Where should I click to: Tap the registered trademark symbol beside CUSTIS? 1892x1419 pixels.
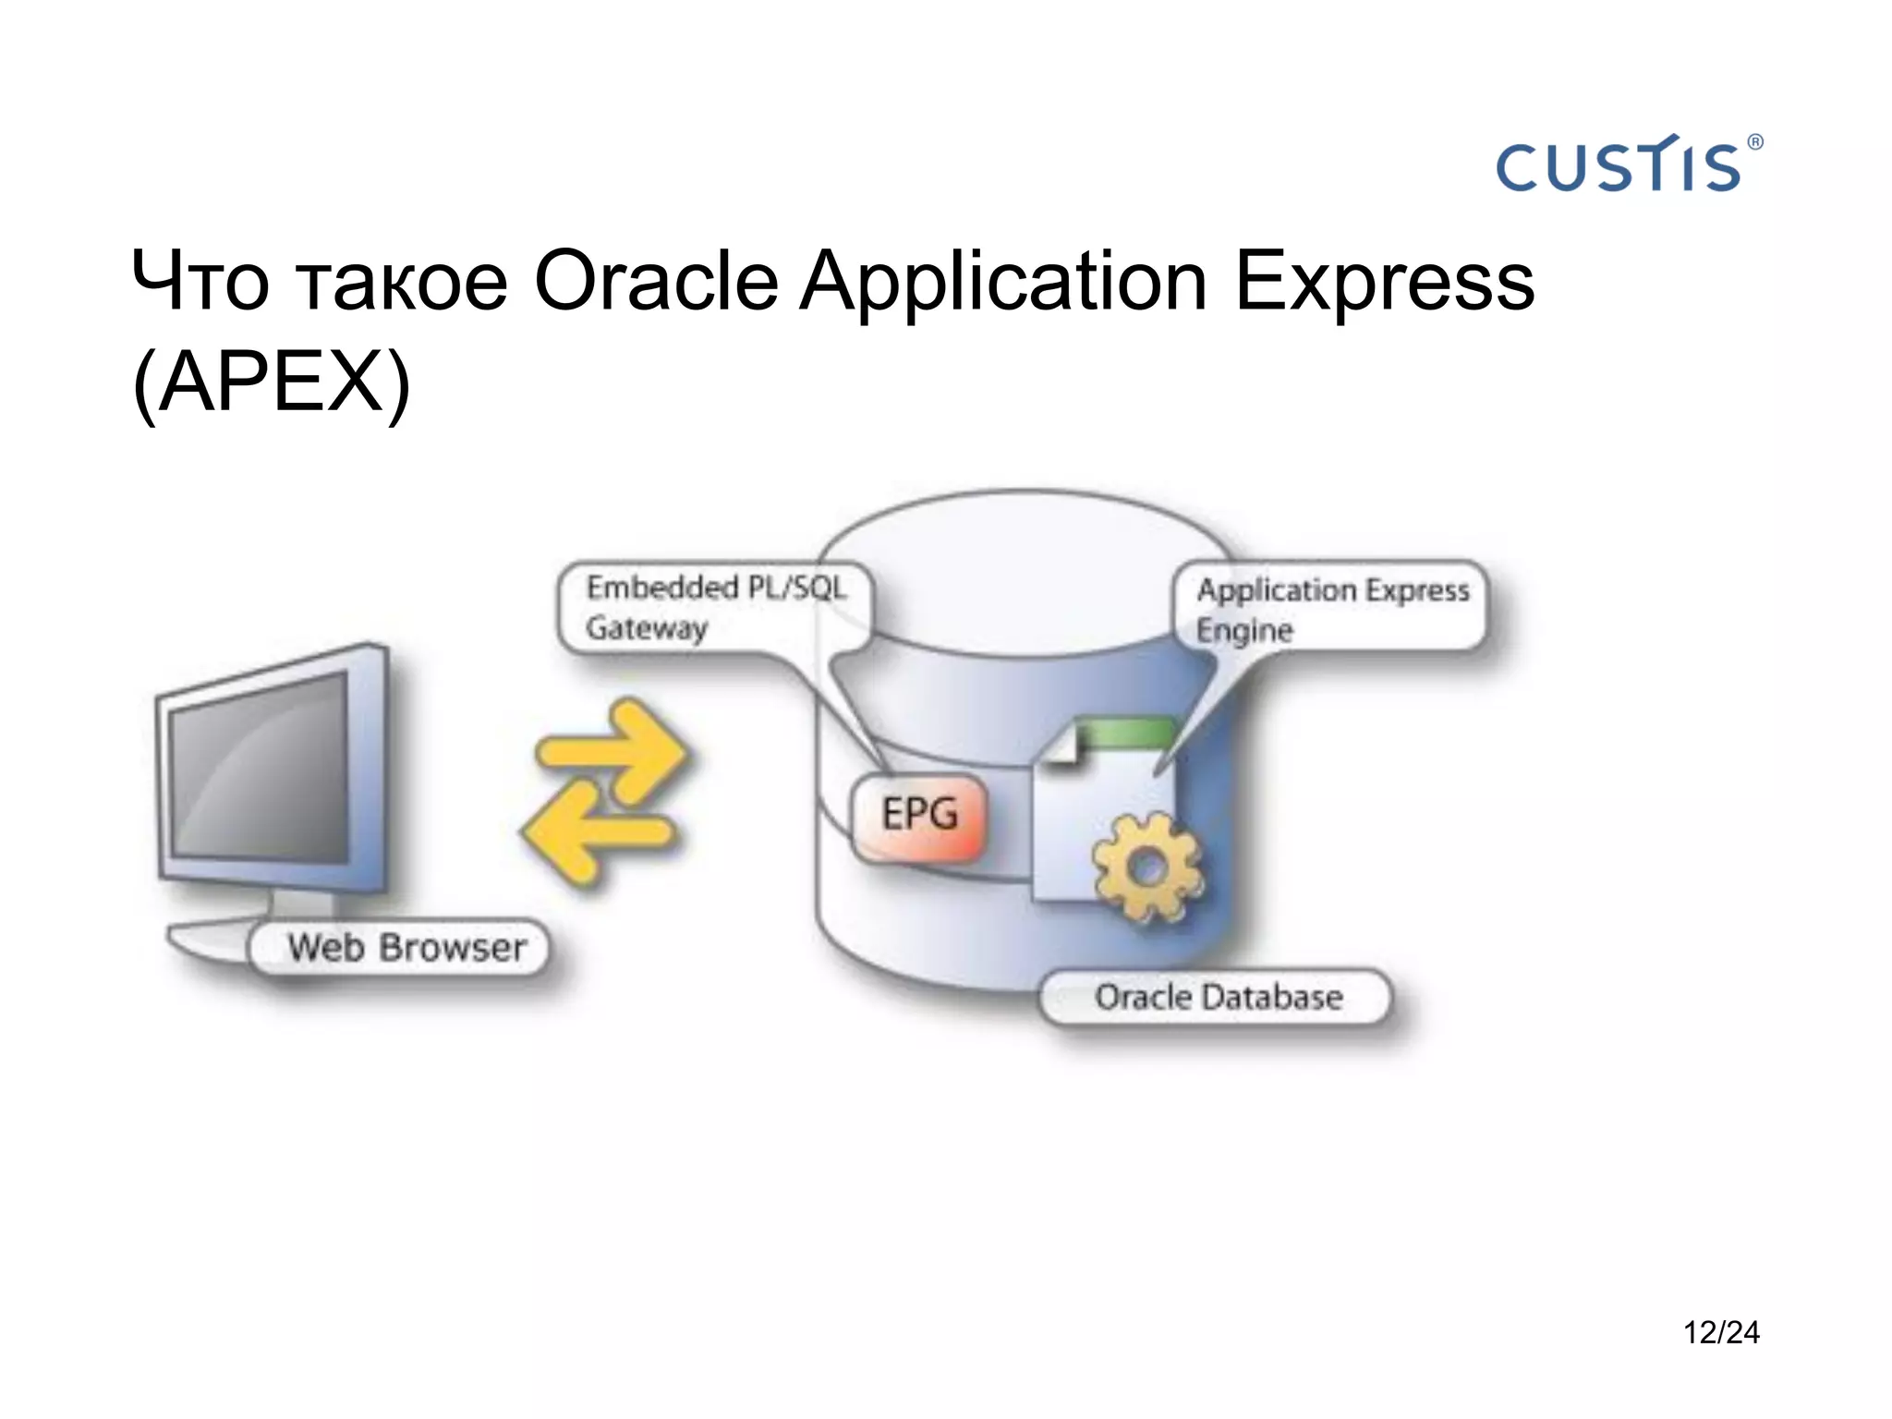1754,142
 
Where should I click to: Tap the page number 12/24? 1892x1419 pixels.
1720,1332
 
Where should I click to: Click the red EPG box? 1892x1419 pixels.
919,816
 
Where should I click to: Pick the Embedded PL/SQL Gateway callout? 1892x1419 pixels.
716,607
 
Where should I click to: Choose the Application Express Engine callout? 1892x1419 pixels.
1331,609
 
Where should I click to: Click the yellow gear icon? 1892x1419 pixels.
1146,867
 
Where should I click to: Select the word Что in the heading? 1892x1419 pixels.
200,282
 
